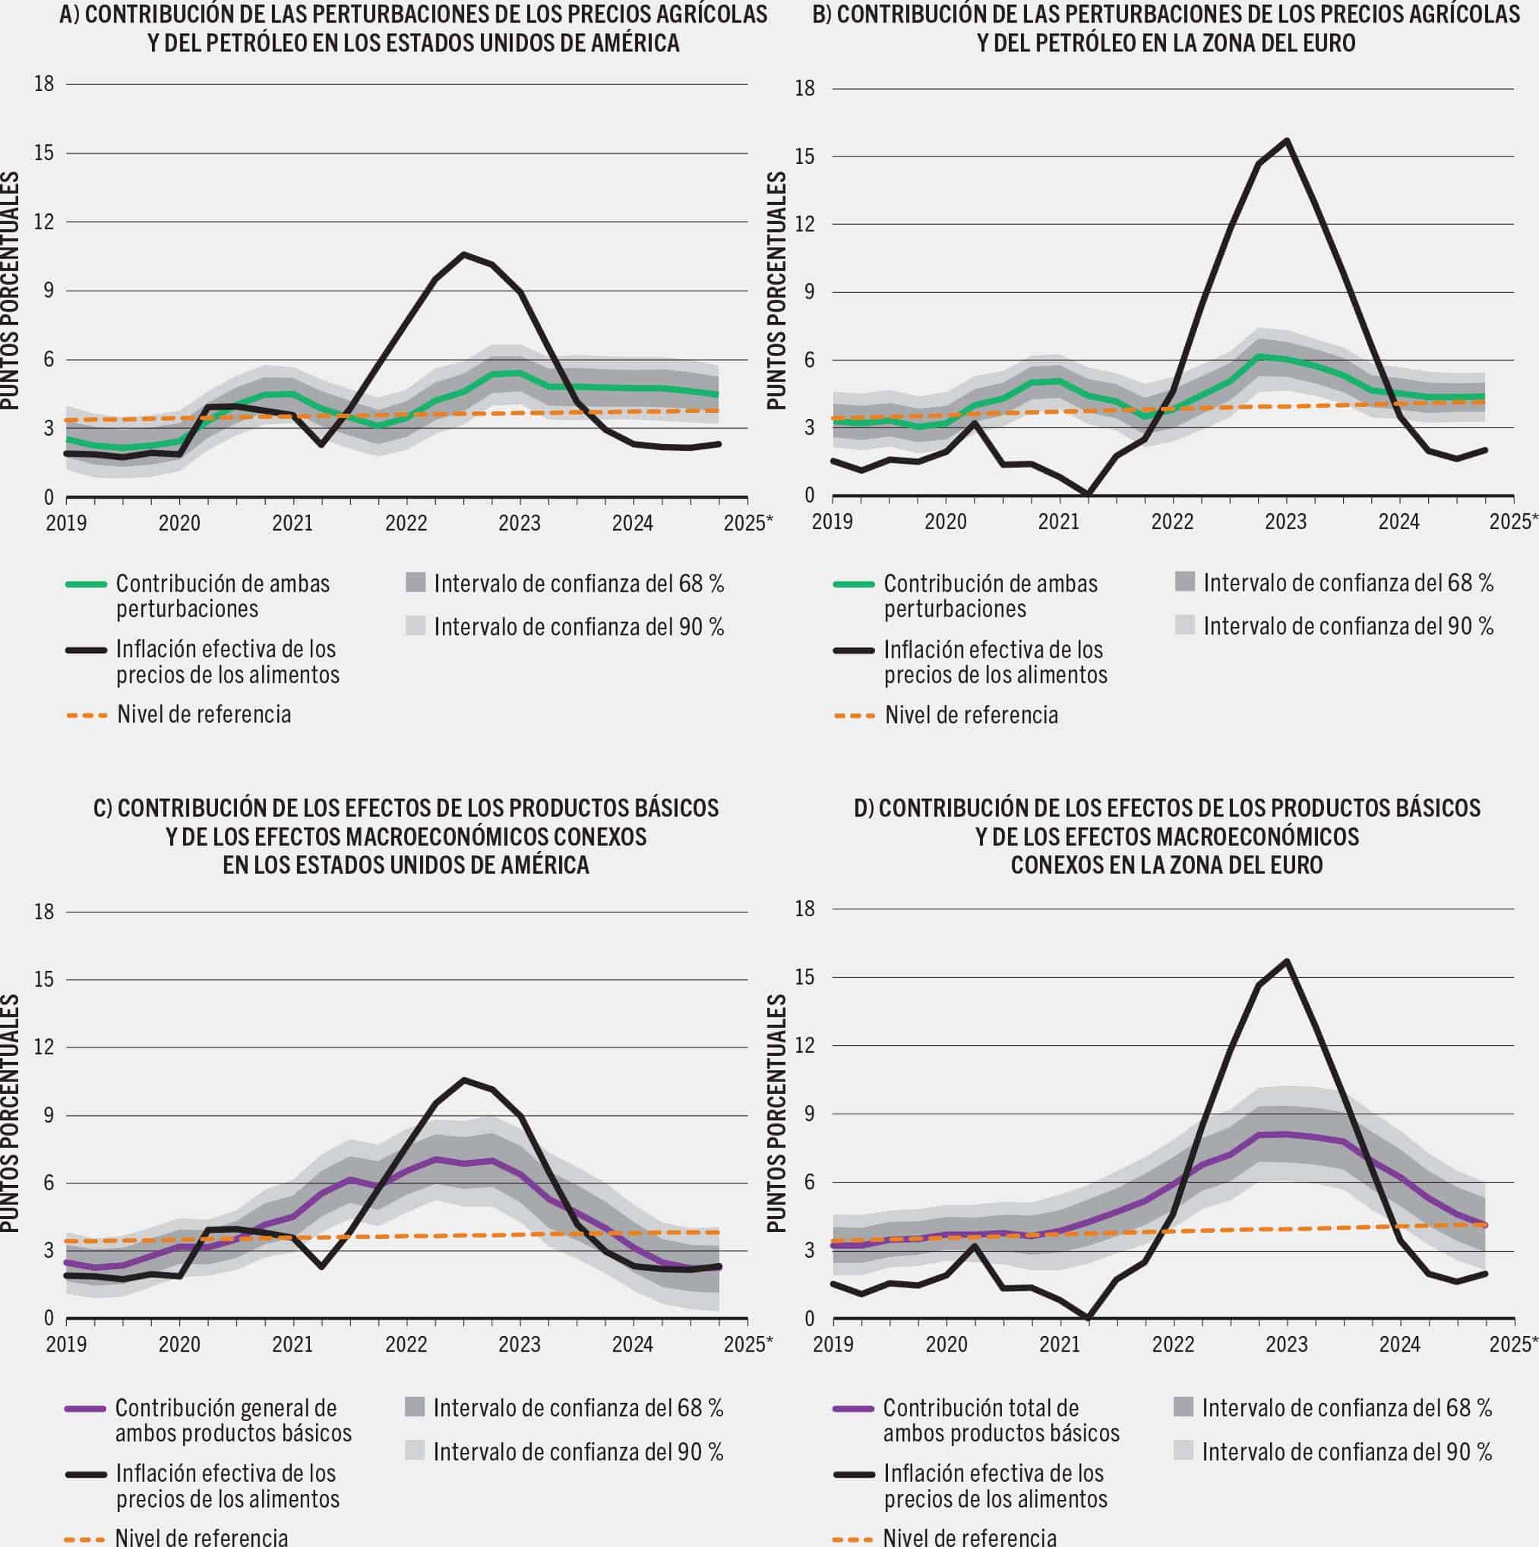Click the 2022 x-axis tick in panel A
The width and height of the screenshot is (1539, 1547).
[x=406, y=524]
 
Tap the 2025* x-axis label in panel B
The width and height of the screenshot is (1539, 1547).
[x=1513, y=522]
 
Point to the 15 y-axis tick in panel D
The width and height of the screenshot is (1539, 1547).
[x=804, y=977]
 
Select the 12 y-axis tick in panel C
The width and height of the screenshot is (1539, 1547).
[x=43, y=1047]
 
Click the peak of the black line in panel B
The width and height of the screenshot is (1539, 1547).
[x=1287, y=141]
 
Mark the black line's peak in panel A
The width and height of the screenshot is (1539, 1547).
[x=463, y=254]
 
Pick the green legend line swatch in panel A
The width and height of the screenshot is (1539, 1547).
[x=86, y=584]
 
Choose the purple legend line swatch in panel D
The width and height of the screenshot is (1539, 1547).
[x=854, y=1407]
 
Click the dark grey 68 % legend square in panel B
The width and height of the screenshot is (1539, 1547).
[x=1185, y=582]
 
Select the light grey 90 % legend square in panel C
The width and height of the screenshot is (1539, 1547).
[x=415, y=1450]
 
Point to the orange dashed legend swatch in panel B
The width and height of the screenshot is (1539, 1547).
[x=854, y=715]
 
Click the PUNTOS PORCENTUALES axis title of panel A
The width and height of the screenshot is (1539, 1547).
[x=11, y=291]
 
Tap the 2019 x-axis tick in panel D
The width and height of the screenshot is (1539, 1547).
[x=833, y=1344]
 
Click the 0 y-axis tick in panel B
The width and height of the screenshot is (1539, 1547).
[x=808, y=496]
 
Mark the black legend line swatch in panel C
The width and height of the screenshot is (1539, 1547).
[x=86, y=1473]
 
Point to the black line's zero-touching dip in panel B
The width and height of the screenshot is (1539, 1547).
[x=1087, y=493]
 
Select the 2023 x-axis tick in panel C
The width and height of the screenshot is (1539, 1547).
[x=520, y=1344]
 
